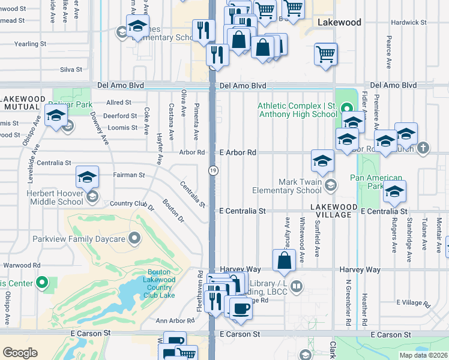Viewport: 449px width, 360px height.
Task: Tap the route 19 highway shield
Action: click(213, 171)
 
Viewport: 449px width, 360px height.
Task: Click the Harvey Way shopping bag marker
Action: click(284, 260)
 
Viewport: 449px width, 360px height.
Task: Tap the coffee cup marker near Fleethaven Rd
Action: click(241, 308)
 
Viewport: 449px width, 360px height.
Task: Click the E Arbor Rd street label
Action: click(238, 153)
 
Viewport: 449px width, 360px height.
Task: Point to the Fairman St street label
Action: click(129, 175)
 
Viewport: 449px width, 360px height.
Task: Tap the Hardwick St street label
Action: click(408, 22)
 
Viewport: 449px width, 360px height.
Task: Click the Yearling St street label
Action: click(30, 44)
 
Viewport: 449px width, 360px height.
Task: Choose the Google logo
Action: click(20, 352)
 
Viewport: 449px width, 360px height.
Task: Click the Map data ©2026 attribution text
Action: click(423, 355)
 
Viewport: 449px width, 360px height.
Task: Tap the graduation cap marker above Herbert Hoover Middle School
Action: click(87, 177)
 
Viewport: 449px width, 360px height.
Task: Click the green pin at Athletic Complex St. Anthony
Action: click(346, 109)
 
